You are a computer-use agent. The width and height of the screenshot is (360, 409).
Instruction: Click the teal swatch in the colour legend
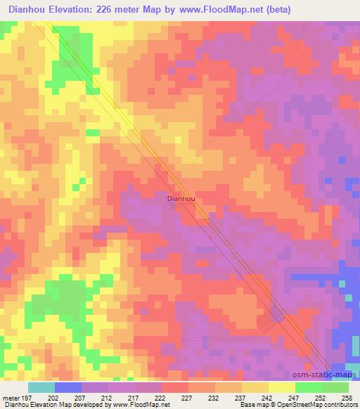pos(41,387)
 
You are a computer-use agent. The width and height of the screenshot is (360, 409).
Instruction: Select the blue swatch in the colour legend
pos(68,387)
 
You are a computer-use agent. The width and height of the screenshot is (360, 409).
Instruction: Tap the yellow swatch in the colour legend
pos(282,387)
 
